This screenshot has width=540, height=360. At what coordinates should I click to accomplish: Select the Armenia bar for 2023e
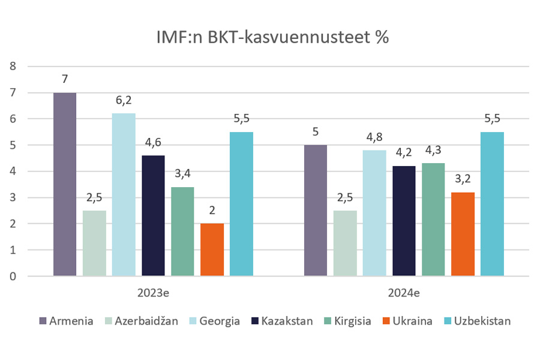65,184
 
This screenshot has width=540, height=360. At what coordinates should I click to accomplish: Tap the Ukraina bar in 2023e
212,250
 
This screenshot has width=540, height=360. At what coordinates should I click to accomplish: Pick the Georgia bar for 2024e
374,213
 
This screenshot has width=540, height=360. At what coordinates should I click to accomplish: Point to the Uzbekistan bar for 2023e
241,204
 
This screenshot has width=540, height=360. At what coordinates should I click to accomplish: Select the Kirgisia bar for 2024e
433,220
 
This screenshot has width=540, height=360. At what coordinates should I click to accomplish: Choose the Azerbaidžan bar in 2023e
94,243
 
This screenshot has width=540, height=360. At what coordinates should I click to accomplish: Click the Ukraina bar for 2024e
463,234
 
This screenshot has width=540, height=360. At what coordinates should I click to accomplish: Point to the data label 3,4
182,175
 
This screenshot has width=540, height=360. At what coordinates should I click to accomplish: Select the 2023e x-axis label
153,294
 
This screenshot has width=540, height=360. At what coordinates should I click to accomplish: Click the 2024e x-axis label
404,294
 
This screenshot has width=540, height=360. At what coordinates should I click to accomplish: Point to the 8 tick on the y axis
13,67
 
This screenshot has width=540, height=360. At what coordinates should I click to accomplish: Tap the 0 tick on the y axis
13,277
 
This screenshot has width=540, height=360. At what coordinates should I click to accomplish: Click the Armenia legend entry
66,321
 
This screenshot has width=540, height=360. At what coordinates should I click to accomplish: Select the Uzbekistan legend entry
477,321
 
